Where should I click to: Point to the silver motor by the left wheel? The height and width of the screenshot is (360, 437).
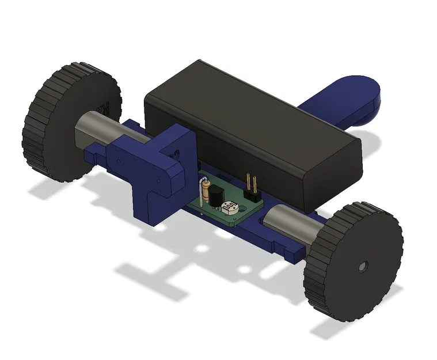click(x=95, y=132)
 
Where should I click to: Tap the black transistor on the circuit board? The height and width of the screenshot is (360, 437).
click(x=215, y=196)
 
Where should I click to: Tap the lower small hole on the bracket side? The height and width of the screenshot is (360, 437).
click(x=155, y=183)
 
